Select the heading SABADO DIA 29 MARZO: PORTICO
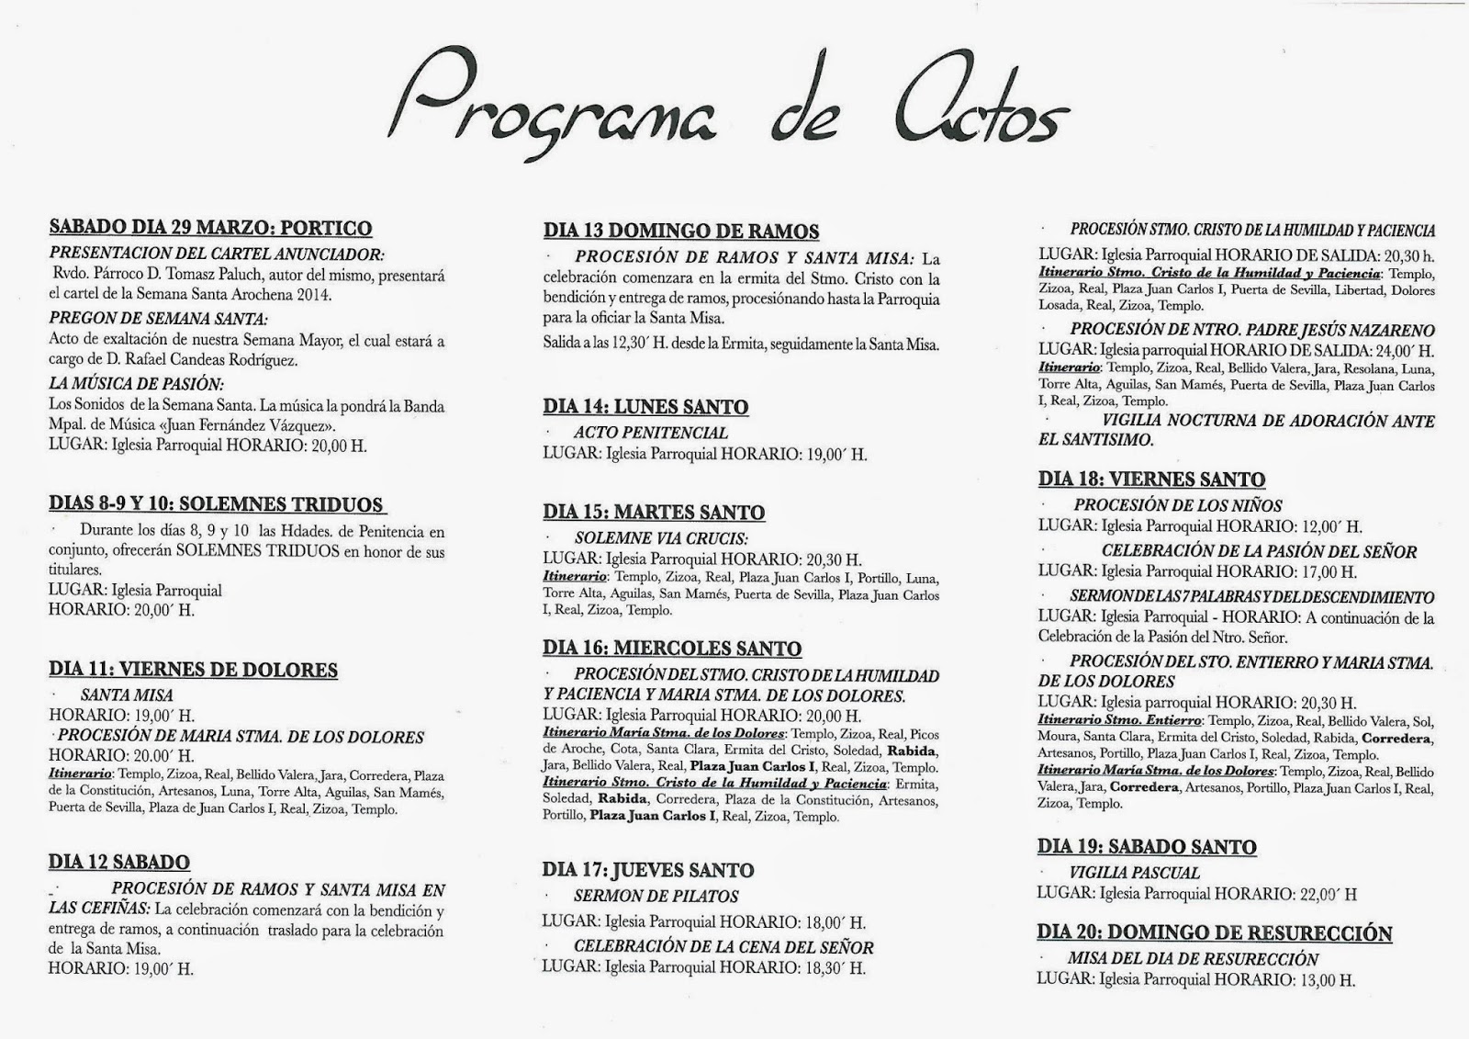coord(210,228)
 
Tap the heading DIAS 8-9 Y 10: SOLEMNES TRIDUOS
coord(216,504)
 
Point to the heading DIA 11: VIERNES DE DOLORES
coord(193,670)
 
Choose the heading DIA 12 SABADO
coord(119,862)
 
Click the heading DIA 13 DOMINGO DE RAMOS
coord(681,232)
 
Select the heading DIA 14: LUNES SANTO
coord(645,407)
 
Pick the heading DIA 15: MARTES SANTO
coord(654,513)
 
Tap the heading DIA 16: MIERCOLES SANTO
coord(672,649)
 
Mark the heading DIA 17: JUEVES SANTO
coord(648,870)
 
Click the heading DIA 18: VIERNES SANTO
coord(1151,480)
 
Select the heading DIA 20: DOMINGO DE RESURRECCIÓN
coord(1215,933)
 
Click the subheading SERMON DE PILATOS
coord(656,896)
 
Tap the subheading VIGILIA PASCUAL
coord(1135,873)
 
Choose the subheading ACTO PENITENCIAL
coord(651,433)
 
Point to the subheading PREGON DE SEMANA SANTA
coord(159,320)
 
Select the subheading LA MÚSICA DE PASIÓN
coord(137,384)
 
